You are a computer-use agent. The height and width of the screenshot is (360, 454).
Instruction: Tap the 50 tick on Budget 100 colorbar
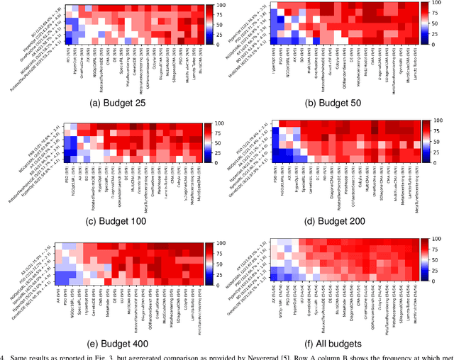pyautogui.click(x=219, y=142)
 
